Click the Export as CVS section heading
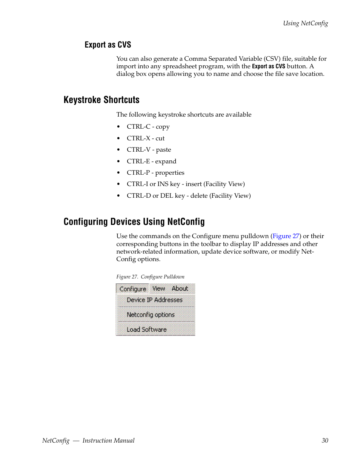coord(108,45)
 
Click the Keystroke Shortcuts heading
coord(102,100)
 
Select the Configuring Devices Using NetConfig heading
coord(134,222)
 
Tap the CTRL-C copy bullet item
coord(148,127)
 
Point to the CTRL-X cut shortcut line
coord(145,138)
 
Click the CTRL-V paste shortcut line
coord(149,150)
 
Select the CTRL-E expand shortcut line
coord(151,161)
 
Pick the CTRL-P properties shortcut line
coord(155,173)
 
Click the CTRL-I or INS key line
coord(185,184)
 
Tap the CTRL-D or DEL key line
coord(188,196)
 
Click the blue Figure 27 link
coord(286,236)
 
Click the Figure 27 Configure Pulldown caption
coord(150,277)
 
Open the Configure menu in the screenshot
coord(132,289)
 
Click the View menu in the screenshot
coord(158,289)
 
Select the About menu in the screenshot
coord(180,289)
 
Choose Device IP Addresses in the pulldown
coord(154,300)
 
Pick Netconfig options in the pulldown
coord(151,315)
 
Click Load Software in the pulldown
coord(146,329)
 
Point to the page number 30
coord(325,440)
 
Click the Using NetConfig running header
coord(305,23)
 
